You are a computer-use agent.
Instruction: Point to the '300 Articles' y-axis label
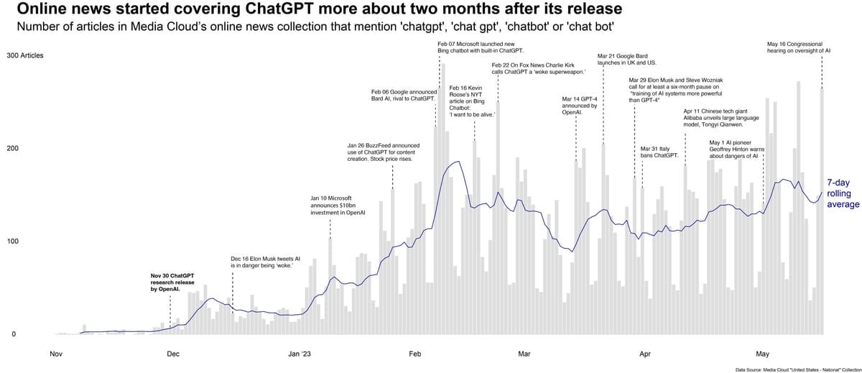26,55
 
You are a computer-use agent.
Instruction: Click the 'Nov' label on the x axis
55,354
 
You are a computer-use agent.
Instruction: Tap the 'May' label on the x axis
763,354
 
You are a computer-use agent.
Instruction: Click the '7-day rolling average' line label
843,193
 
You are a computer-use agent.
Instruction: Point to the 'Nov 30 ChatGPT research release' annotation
172,282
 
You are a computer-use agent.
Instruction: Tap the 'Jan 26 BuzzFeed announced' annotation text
383,152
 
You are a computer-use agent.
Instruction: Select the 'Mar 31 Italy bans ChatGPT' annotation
659,152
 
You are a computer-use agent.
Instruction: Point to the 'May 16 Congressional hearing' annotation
799,47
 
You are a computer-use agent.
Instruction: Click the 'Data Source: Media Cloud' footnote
797,369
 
